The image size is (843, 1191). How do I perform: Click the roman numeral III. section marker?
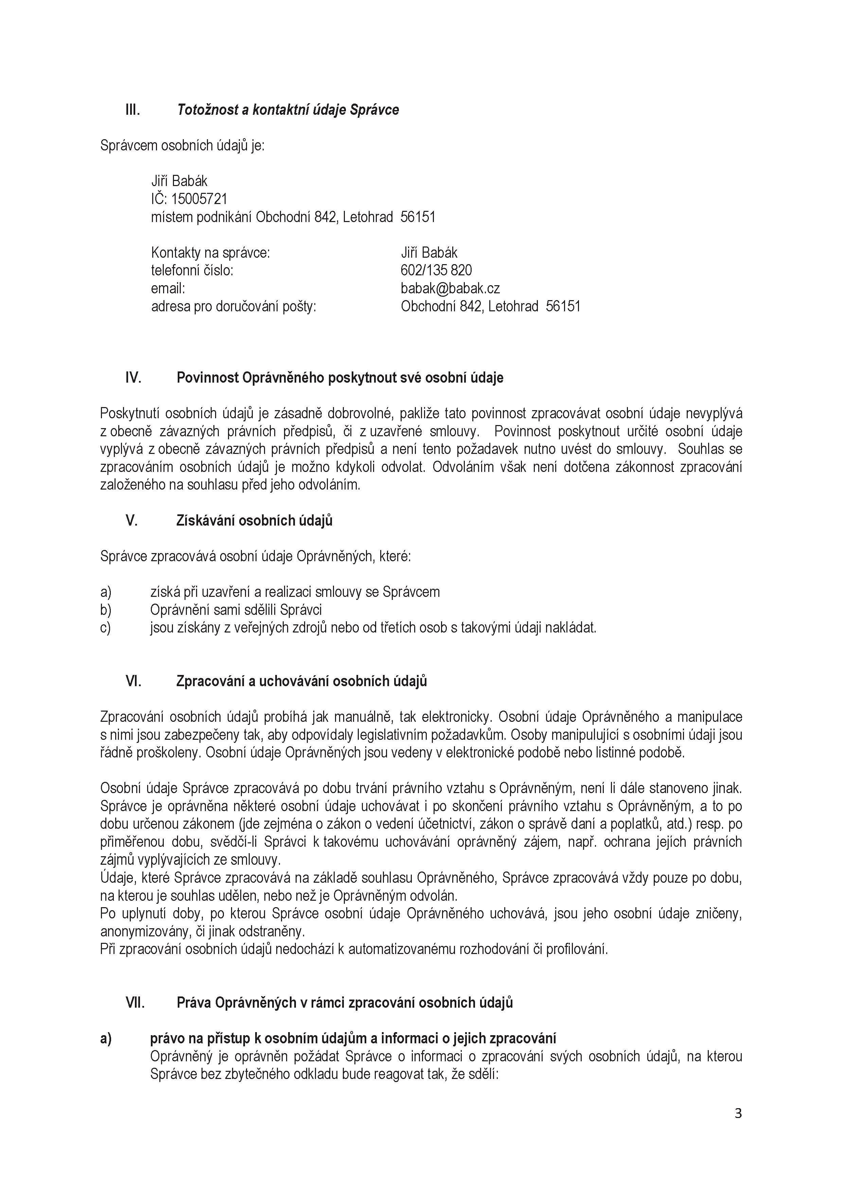pyautogui.click(x=133, y=110)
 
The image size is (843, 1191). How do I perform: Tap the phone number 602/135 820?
pyautogui.click(x=436, y=270)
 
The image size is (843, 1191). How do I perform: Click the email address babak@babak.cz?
pyautogui.click(x=450, y=288)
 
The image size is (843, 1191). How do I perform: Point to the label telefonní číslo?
pyautogui.click(x=192, y=270)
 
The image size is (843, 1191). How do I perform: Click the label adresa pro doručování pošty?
pyautogui.click(x=233, y=307)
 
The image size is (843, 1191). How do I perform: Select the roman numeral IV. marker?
pyautogui.click(x=134, y=378)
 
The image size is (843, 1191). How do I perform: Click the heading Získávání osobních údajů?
pyautogui.click(x=254, y=521)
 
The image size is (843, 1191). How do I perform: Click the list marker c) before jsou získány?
pyautogui.click(x=105, y=628)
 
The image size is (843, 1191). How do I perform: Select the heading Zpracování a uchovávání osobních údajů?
pyautogui.click(x=302, y=681)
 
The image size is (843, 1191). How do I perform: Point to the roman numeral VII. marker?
pyautogui.click(x=135, y=1003)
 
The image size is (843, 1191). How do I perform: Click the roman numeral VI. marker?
pyautogui.click(x=134, y=681)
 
